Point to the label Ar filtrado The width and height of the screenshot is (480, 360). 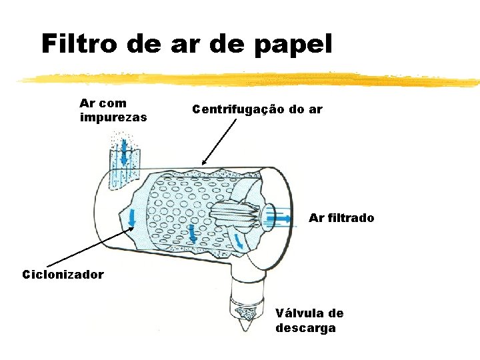[x=341, y=218]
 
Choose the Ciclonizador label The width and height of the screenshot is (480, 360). [x=63, y=274]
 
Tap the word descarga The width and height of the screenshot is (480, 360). [x=305, y=328]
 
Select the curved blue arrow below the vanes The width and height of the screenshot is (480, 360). [x=237, y=244]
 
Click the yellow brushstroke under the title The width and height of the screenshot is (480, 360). [x=247, y=80]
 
